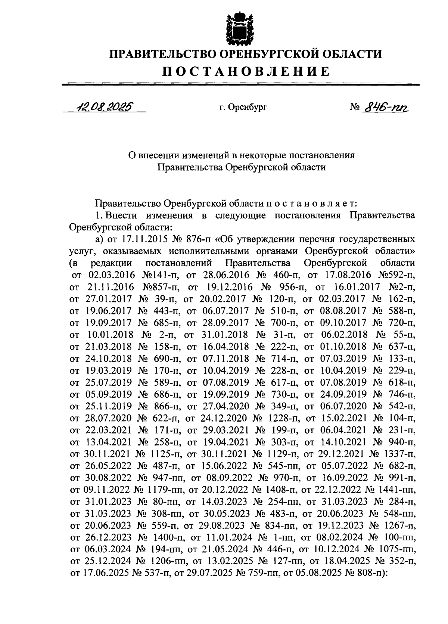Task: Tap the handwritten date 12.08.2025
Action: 104,108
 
